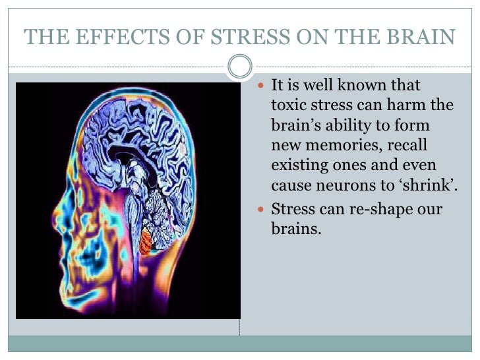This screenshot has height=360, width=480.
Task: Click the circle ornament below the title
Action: pyautogui.click(x=240, y=67)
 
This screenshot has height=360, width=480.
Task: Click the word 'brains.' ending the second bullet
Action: pyautogui.click(x=296, y=230)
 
